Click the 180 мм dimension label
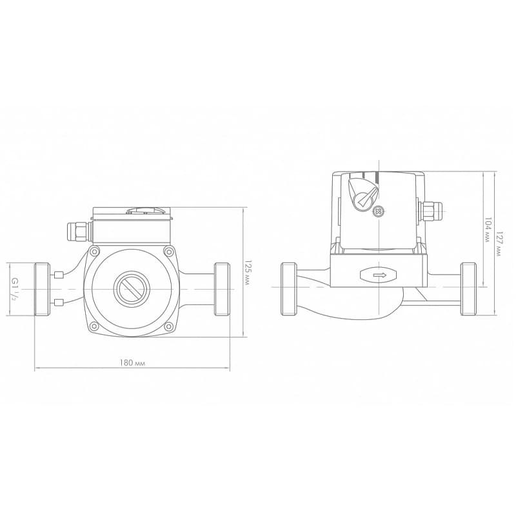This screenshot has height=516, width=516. coord(132,363)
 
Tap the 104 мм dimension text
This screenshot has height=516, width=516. coord(488,230)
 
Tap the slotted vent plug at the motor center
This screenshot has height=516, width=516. coord(132,288)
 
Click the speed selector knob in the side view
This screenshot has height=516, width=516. coord(363,192)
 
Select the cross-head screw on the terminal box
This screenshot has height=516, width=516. coord(379,212)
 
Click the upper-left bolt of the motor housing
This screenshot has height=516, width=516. coord(94,252)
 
